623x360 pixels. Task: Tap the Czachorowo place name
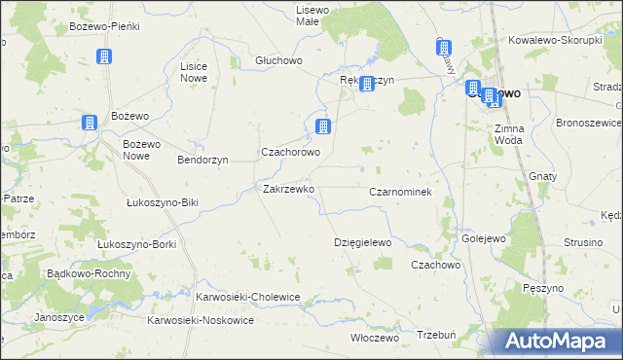pyautogui.click(x=290, y=153)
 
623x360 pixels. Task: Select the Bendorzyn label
pyautogui.click(x=202, y=159)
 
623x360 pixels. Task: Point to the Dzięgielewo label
pyautogui.click(x=362, y=242)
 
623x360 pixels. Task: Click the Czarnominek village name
pyautogui.click(x=400, y=193)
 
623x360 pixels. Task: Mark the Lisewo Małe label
pyautogui.click(x=313, y=15)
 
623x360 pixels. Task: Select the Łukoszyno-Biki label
pyautogui.click(x=163, y=203)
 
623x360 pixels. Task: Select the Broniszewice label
pyautogui.click(x=588, y=124)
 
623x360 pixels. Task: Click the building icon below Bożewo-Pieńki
pyautogui.click(x=104, y=57)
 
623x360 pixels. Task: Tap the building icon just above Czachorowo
pyautogui.click(x=323, y=126)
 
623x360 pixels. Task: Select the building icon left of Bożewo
pyautogui.click(x=89, y=123)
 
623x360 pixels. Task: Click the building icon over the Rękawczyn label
pyautogui.click(x=367, y=84)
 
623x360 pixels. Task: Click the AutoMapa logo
pyautogui.click(x=561, y=341)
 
